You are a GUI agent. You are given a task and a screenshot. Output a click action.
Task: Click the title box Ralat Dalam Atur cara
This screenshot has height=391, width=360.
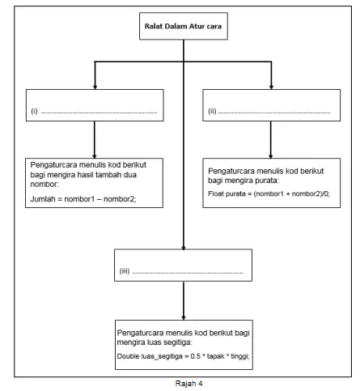click(x=184, y=26)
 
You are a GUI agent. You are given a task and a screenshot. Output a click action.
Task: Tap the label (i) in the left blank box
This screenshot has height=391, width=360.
click(x=34, y=111)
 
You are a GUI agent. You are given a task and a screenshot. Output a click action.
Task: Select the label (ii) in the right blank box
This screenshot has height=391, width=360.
click(x=212, y=111)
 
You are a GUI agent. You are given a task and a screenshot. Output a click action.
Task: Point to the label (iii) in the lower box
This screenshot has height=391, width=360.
click(x=125, y=271)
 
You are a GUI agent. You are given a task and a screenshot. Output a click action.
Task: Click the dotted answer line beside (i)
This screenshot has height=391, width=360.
click(x=99, y=113)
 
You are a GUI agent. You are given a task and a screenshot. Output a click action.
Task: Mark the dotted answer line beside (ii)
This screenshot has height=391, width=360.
click(x=274, y=113)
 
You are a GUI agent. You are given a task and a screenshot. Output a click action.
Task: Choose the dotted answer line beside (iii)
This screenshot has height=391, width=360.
click(x=188, y=273)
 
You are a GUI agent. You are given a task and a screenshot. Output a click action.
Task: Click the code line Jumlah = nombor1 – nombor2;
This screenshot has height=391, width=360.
click(x=83, y=199)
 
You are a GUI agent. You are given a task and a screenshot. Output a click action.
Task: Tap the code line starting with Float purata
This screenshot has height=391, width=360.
click(x=269, y=193)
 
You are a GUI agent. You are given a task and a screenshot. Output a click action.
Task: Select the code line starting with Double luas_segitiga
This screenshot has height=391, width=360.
click(x=184, y=356)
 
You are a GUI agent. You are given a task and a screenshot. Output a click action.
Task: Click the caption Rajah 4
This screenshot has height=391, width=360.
click(x=188, y=383)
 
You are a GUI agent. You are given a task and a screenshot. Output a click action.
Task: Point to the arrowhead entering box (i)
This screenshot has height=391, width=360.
click(x=95, y=87)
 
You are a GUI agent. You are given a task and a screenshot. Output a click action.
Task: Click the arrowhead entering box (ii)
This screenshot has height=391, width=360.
click(x=271, y=87)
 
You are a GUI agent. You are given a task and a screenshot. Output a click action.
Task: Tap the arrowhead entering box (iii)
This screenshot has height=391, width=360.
click(x=184, y=248)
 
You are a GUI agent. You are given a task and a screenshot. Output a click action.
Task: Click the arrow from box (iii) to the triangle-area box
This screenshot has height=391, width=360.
click(x=184, y=300)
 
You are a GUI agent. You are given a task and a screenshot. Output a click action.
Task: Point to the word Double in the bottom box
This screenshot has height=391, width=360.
click(x=126, y=356)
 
